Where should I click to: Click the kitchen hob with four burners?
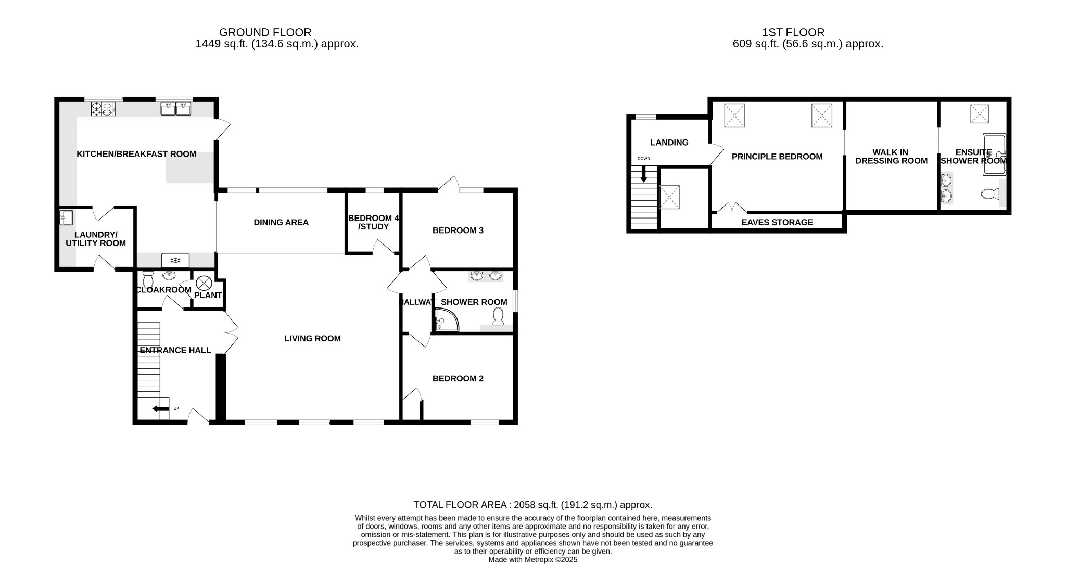pyautogui.click(x=103, y=109)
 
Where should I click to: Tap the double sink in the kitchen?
pyautogui.click(x=176, y=109)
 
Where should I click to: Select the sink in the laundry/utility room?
pyautogui.click(x=66, y=217)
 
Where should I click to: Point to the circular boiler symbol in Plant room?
pyautogui.click(x=202, y=284)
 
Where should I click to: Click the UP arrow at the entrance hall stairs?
pyautogui.click(x=157, y=409)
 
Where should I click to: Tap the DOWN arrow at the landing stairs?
pyautogui.click(x=644, y=174)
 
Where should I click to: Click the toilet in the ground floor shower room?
pyautogui.click(x=498, y=316)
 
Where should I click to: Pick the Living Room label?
pyautogui.click(x=312, y=339)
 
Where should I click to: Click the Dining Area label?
pyautogui.click(x=281, y=223)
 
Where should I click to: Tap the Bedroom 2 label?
pyautogui.click(x=458, y=379)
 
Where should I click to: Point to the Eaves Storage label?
pyautogui.click(x=777, y=223)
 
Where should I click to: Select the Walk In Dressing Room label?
pyautogui.click(x=891, y=157)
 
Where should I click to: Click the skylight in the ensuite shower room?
pyautogui.click(x=979, y=114)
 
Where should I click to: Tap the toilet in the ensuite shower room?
pyautogui.click(x=989, y=195)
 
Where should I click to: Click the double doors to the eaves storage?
pyautogui.click(x=732, y=209)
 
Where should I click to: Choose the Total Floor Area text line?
pyautogui.click(x=532, y=505)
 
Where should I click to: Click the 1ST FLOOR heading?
pyautogui.click(x=793, y=32)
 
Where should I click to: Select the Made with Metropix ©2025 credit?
pyautogui.click(x=532, y=560)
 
